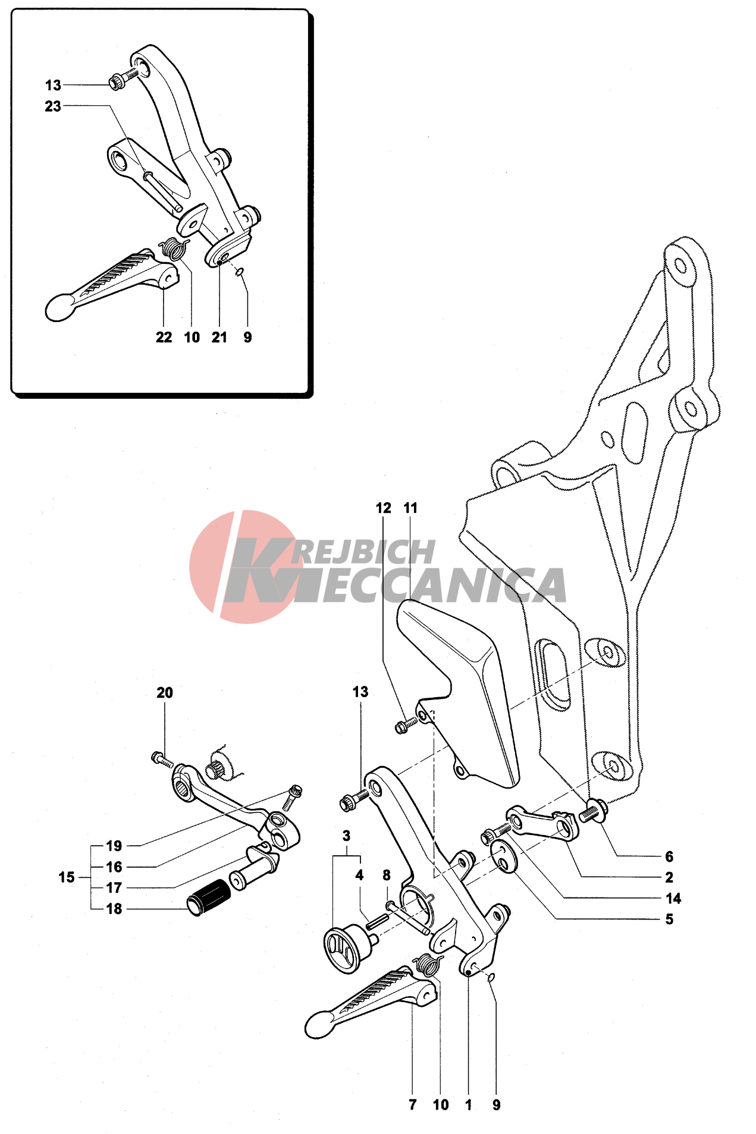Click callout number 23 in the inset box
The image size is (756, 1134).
53,106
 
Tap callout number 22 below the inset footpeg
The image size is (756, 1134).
164,338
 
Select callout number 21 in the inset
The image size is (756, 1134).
219,338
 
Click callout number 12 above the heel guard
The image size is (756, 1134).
384,508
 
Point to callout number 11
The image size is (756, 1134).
410,508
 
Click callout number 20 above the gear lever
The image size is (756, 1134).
165,693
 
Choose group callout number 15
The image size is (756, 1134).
67,877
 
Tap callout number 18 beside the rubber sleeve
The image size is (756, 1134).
114,909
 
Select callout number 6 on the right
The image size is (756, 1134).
669,856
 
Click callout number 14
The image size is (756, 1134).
673,899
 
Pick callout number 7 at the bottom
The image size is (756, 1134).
412,1105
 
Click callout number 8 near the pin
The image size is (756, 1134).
387,875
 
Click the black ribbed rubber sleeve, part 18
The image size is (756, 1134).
209,896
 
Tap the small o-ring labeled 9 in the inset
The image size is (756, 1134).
239,272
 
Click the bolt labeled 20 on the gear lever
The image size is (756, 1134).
162,759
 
